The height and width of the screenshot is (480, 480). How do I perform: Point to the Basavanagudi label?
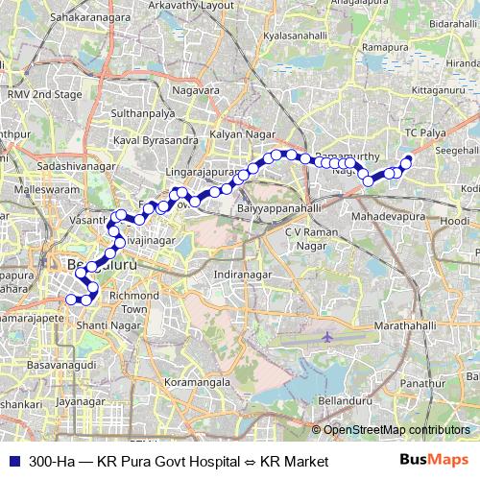point(62,365)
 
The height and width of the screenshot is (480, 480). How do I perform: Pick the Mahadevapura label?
point(386,219)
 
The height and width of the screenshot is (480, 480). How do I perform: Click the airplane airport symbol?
point(327,337)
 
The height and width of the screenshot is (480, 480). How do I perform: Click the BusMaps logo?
point(434,461)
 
